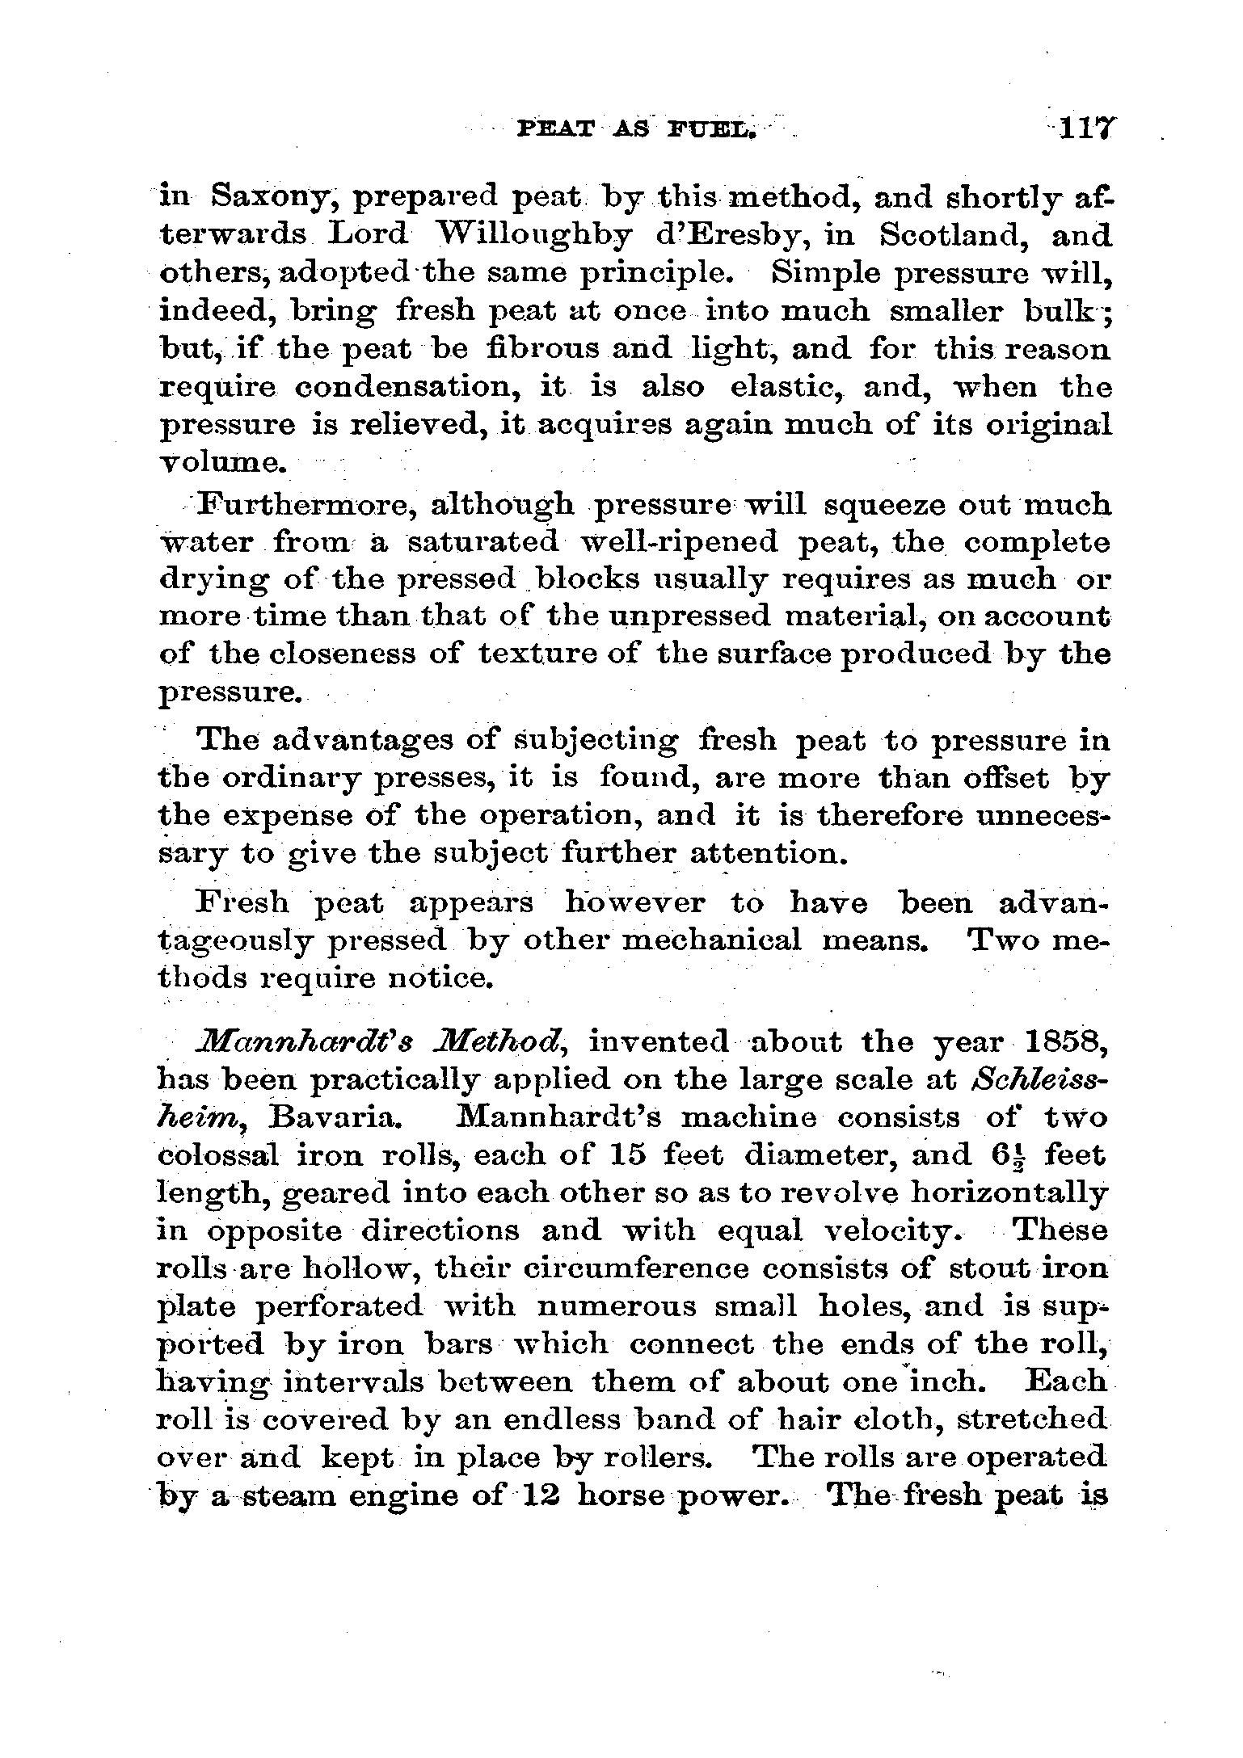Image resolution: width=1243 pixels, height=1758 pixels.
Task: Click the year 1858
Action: [1061, 1042]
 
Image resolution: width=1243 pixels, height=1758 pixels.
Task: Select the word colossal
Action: [217, 1155]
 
